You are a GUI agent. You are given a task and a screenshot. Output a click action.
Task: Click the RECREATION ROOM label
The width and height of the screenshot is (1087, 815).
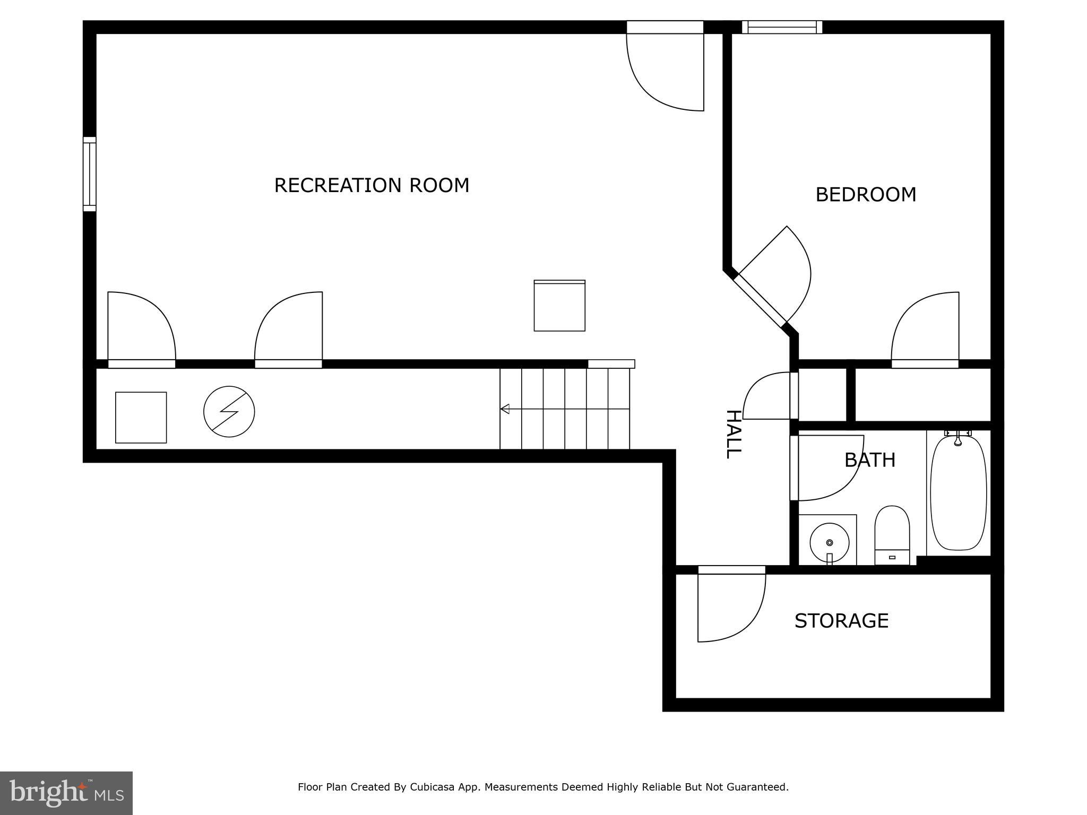(372, 185)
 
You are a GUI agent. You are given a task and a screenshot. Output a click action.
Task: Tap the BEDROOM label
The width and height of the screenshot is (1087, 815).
(866, 195)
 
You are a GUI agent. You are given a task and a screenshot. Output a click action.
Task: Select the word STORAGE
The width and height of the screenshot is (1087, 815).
(841, 621)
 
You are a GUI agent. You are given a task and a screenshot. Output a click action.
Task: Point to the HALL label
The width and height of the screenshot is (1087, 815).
(732, 434)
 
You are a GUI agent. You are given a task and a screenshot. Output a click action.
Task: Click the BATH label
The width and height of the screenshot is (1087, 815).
(870, 460)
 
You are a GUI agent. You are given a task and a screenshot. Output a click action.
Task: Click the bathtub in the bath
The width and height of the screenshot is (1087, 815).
(958, 491)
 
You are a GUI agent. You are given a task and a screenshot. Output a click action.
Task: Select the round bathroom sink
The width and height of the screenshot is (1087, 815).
(829, 542)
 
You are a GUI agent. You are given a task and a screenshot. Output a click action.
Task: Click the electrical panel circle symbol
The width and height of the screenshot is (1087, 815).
(229, 412)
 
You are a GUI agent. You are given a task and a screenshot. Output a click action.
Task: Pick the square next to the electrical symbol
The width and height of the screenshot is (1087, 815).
(141, 418)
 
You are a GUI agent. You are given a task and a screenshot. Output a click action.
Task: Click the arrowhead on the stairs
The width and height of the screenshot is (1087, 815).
(505, 409)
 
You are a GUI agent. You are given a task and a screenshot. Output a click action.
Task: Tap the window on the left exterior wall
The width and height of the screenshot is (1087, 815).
(90, 174)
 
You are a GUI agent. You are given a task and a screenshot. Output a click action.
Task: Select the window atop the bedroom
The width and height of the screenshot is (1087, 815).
(782, 27)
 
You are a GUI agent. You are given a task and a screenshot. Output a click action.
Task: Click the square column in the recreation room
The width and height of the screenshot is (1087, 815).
(559, 306)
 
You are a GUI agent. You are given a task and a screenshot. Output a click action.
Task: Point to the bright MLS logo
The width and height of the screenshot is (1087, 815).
(66, 793)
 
